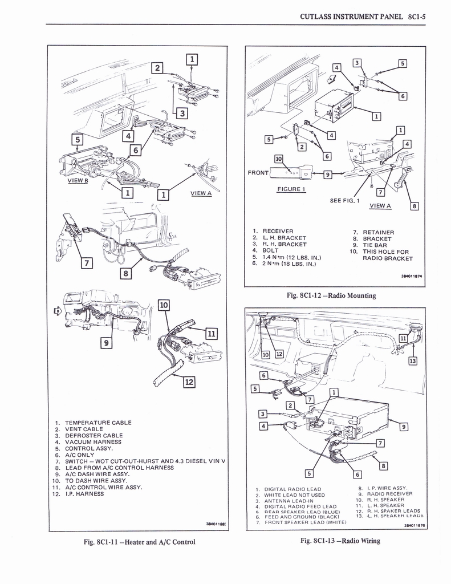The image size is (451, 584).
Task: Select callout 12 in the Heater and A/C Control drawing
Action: [188, 382]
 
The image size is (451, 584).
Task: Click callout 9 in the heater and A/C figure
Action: [107, 343]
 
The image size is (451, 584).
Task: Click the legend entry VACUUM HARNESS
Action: [93, 441]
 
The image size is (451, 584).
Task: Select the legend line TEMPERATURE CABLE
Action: [98, 423]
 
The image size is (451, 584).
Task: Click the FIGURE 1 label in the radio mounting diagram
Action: [291, 189]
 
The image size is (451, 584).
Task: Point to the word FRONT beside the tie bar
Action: [258, 172]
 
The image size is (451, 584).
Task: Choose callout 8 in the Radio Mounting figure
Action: [415, 206]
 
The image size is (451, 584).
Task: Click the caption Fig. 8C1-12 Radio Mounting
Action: [331, 295]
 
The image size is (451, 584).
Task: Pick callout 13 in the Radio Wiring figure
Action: [412, 360]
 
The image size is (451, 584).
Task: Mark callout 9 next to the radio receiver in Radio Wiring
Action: [404, 426]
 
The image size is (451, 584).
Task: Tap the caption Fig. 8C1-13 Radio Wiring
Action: [340, 541]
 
